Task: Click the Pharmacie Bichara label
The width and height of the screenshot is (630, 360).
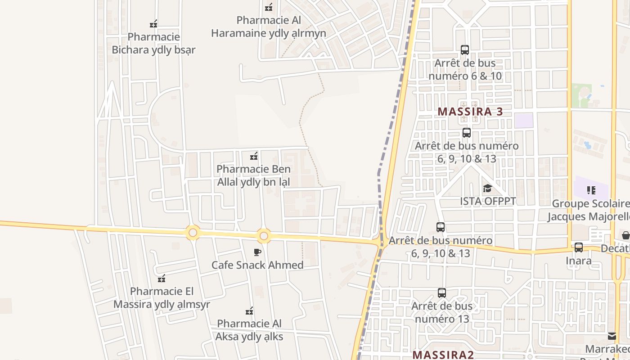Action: click(153, 43)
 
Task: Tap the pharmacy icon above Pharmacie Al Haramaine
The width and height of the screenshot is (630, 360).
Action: click(269, 7)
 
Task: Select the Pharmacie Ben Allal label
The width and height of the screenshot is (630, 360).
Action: click(253, 175)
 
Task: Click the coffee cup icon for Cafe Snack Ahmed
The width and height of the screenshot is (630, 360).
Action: click(257, 252)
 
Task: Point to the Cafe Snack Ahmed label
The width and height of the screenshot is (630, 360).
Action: click(257, 265)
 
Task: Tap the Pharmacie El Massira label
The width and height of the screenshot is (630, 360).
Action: click(162, 298)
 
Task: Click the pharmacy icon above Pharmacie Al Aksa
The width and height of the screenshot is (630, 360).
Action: click(249, 311)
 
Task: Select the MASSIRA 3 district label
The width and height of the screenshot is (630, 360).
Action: click(470, 112)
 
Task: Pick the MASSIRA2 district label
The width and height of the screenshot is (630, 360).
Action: click(443, 355)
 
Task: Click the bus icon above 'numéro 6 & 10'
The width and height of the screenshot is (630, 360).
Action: click(465, 50)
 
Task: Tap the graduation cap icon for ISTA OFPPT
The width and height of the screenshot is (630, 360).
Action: click(487, 188)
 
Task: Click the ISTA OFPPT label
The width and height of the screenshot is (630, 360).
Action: click(488, 201)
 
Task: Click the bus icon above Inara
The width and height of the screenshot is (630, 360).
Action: click(579, 247)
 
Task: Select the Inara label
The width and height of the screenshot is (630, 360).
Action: click(579, 261)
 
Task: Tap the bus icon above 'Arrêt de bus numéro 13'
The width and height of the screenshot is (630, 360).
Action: click(442, 293)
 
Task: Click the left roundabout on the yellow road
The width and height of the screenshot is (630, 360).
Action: click(193, 233)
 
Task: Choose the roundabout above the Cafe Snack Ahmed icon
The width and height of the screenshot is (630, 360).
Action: click(264, 236)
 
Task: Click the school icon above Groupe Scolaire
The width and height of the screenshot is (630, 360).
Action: click(591, 190)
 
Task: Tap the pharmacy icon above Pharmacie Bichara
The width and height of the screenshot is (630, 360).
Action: click(153, 24)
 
